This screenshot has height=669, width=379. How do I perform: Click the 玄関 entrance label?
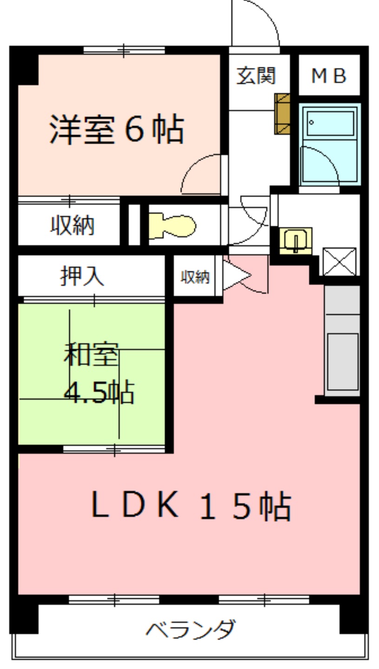pos(256,76)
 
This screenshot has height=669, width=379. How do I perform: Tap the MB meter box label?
pos(329,76)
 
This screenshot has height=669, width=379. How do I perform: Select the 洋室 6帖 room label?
pos(116,129)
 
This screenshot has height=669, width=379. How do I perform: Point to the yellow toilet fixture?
pos(172,226)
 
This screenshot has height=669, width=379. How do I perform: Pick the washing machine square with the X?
pos(339,262)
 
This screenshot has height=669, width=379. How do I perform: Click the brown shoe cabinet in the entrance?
pos(282,114)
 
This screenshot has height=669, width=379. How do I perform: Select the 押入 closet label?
pos(82,276)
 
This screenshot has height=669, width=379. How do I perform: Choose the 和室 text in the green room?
pos(91,354)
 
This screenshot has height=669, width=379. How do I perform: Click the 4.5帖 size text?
pos(99,392)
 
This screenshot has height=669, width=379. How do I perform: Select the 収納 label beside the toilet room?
pos(72,225)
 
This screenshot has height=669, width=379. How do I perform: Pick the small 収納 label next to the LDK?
pos(195,277)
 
